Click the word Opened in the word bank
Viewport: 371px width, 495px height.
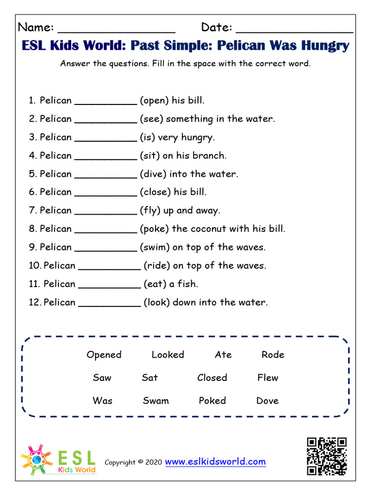click(x=104, y=355)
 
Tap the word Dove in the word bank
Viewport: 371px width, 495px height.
click(x=268, y=401)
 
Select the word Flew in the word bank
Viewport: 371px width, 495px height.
click(x=268, y=378)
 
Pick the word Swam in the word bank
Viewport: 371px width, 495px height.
click(x=156, y=401)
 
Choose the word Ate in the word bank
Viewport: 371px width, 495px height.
click(x=223, y=355)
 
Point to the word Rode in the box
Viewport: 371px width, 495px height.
click(x=273, y=355)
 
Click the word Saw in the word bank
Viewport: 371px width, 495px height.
click(x=102, y=378)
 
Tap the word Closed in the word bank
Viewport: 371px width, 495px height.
click(x=212, y=378)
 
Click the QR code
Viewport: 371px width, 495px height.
click(x=327, y=456)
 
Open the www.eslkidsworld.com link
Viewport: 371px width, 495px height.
click(x=215, y=462)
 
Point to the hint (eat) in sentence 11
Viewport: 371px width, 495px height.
click(x=155, y=284)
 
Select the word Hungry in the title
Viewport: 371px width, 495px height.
click(x=325, y=46)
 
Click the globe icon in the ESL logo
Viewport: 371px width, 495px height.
click(x=37, y=460)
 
